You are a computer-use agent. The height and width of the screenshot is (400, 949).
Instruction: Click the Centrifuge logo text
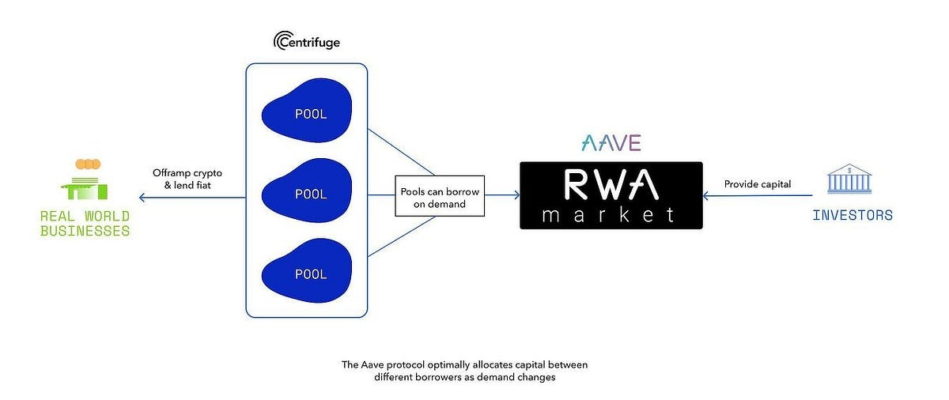tap(307, 41)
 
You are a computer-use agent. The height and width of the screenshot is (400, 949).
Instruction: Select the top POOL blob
tap(307, 111)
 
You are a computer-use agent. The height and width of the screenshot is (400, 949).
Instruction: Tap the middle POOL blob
tap(307, 191)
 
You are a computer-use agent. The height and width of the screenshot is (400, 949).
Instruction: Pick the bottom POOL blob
tap(307, 270)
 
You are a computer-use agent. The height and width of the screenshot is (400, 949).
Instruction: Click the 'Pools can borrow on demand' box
tap(440, 196)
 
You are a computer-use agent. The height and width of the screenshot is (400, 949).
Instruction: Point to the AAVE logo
tap(611, 143)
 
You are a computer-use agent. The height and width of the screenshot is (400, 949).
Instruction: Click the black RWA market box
tap(611, 195)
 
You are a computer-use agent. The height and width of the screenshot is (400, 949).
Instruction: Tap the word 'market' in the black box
tap(608, 215)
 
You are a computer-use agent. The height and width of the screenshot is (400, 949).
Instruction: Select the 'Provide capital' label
tap(758, 184)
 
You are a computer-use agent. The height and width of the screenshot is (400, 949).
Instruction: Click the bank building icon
tap(849, 179)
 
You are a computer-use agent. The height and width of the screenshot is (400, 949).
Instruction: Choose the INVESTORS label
tap(853, 216)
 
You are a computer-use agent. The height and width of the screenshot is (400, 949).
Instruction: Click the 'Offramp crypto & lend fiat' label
tap(187, 179)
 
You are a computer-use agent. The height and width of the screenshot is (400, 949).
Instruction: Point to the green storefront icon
tap(85, 189)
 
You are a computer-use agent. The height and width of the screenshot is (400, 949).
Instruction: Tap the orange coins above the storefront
tap(88, 164)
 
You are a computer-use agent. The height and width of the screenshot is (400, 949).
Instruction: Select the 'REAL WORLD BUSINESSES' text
tap(85, 224)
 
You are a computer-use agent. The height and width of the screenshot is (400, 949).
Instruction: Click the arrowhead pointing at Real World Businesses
tap(142, 198)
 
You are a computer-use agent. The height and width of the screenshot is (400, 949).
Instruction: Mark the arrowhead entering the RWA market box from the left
tap(517, 195)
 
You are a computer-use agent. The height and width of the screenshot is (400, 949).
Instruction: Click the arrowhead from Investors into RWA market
tap(705, 195)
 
